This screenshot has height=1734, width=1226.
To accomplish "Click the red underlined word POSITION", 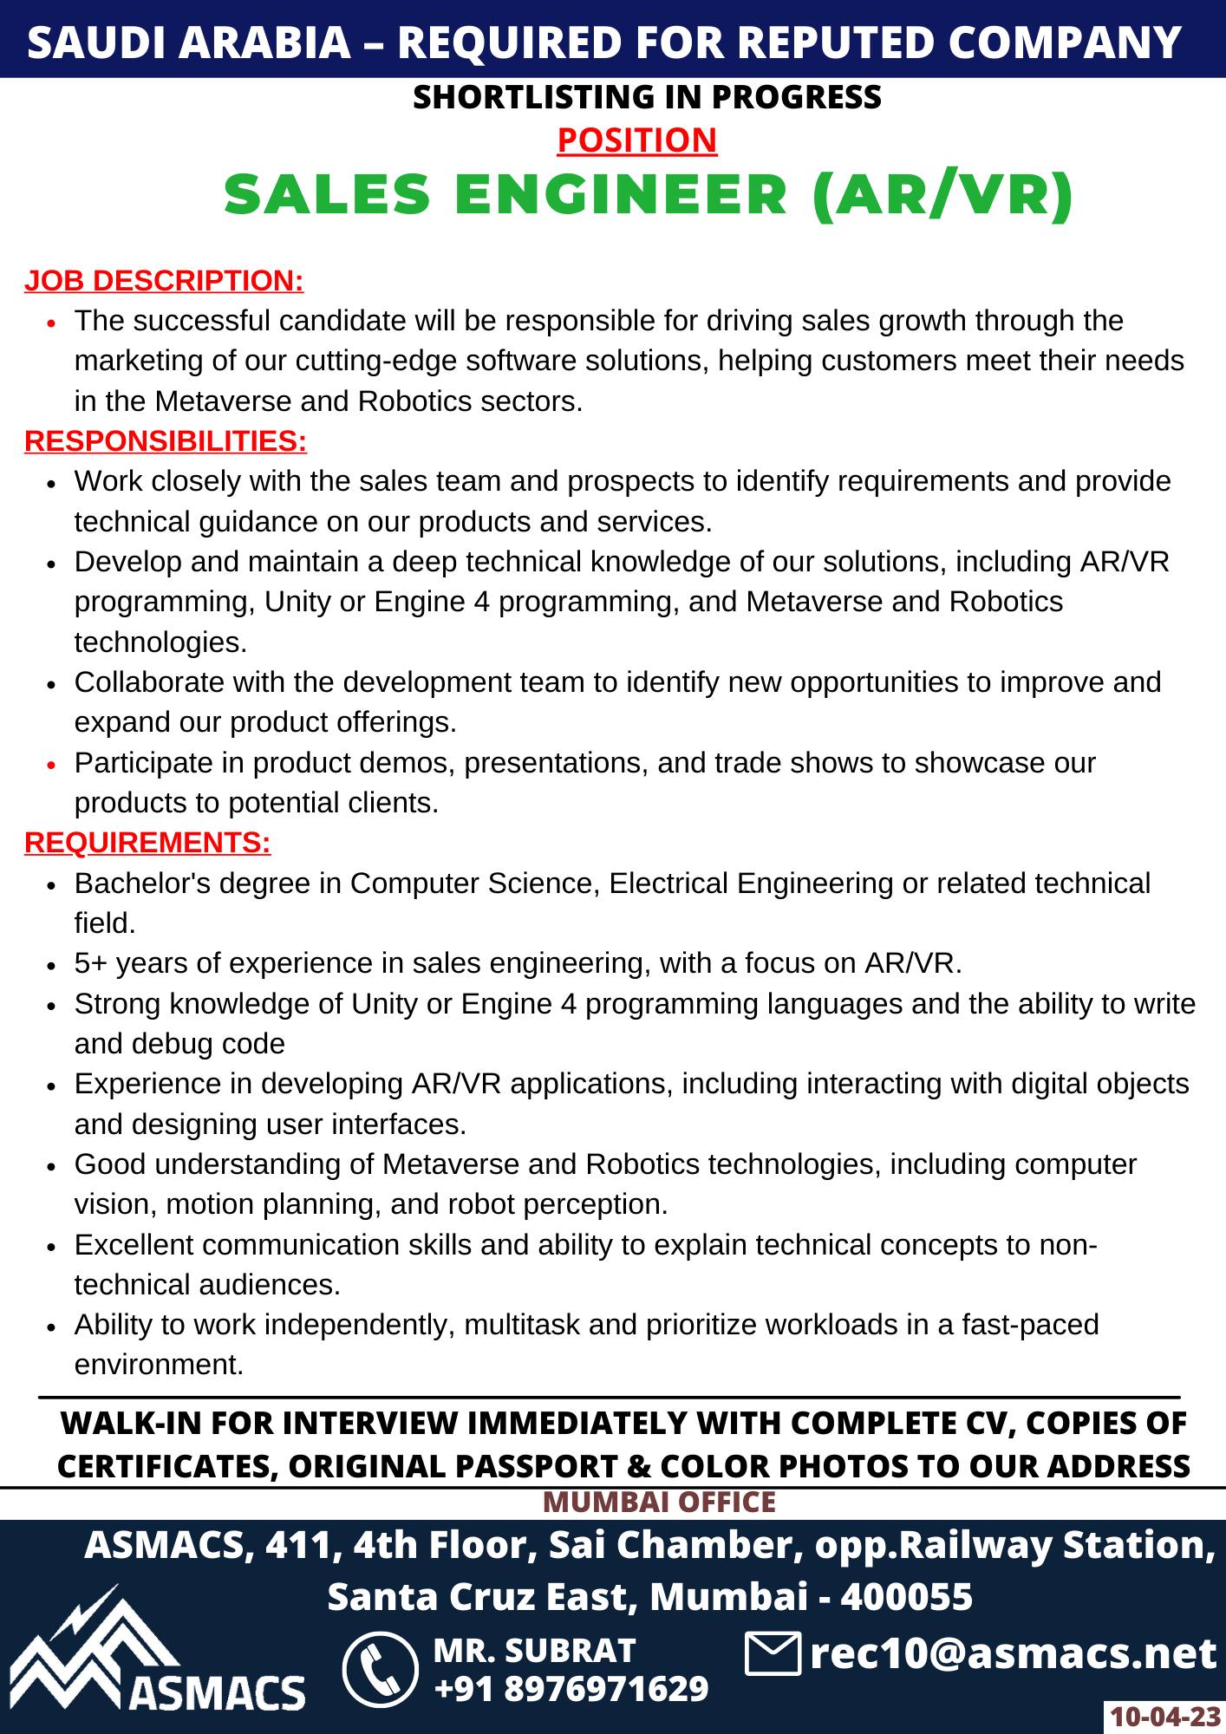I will point(636,140).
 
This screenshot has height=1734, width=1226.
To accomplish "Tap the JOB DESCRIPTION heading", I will point(164,281).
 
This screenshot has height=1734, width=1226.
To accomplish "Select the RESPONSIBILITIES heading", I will point(166,441).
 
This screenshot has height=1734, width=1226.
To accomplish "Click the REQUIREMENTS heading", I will point(147,843).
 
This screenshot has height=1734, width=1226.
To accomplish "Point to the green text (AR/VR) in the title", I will point(943,194).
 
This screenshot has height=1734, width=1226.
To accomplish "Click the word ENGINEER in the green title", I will point(621,194).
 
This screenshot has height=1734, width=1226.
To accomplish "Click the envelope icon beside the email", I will point(772,1653).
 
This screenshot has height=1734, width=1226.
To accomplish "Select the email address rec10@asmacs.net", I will point(1013,1653).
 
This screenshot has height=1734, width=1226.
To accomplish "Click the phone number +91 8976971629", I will point(571,1689).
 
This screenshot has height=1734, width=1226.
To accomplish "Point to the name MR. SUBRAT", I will point(534,1650).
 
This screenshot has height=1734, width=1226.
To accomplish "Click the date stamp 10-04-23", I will point(1164,1717).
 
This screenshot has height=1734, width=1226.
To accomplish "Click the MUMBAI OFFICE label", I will point(659,1502).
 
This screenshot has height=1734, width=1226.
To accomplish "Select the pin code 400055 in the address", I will point(906,1596).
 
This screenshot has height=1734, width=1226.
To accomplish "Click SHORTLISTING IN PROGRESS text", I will point(647,97).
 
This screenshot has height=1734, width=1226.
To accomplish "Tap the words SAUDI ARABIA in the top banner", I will point(188,42).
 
